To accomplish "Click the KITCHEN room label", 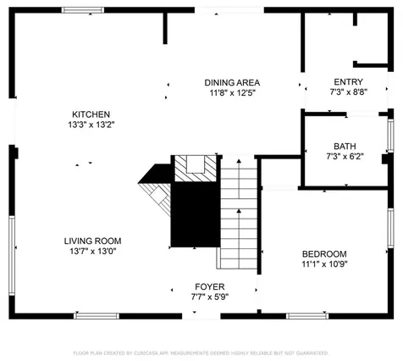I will click(x=91, y=114).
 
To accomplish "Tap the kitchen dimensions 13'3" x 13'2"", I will click(x=91, y=125).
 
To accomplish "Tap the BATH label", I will click(x=345, y=146).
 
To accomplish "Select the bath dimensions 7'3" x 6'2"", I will click(x=345, y=156).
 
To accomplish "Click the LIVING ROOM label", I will click(x=92, y=241).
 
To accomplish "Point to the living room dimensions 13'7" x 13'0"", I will click(x=92, y=251).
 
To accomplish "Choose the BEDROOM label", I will click(x=324, y=254).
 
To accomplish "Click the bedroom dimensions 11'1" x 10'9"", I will click(x=324, y=264).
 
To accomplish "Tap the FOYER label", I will click(x=209, y=286).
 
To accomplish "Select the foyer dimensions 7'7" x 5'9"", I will click(x=209, y=297).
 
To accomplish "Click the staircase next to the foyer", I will click(x=238, y=212).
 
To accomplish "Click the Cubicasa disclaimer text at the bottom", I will click(x=201, y=351).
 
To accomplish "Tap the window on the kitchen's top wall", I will click(x=84, y=11).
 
